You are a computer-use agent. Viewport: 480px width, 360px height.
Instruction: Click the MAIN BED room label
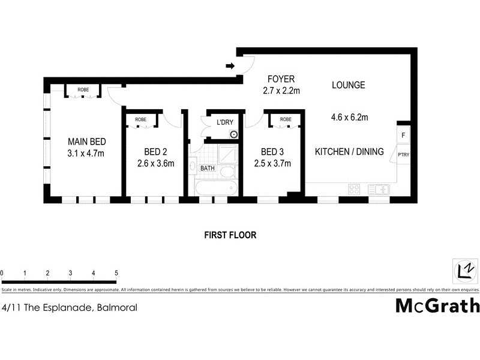tap(86, 142)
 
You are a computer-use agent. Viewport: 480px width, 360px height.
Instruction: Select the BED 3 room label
tap(272, 152)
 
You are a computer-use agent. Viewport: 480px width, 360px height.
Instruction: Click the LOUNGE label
tap(349, 85)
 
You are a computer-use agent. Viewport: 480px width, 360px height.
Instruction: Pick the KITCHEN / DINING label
tap(349, 152)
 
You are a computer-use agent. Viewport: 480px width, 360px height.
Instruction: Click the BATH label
tap(208, 169)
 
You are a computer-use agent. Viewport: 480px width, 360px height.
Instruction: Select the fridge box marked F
tap(403, 136)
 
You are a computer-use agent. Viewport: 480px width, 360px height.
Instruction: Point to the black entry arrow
tap(230, 65)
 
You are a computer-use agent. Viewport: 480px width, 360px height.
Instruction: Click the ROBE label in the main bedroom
tap(83, 90)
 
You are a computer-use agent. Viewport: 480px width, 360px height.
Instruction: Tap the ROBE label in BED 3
tap(286, 119)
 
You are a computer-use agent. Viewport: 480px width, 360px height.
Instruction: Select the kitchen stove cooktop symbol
tap(354, 190)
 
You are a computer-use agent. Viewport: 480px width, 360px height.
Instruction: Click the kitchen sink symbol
tap(379, 190)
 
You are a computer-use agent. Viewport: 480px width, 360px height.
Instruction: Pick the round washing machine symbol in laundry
tap(233, 135)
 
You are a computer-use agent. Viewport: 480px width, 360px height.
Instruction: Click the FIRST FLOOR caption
tap(231, 235)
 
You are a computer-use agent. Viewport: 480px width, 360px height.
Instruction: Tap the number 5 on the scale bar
tap(116, 273)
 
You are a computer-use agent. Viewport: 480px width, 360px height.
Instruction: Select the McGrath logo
tap(437, 305)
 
